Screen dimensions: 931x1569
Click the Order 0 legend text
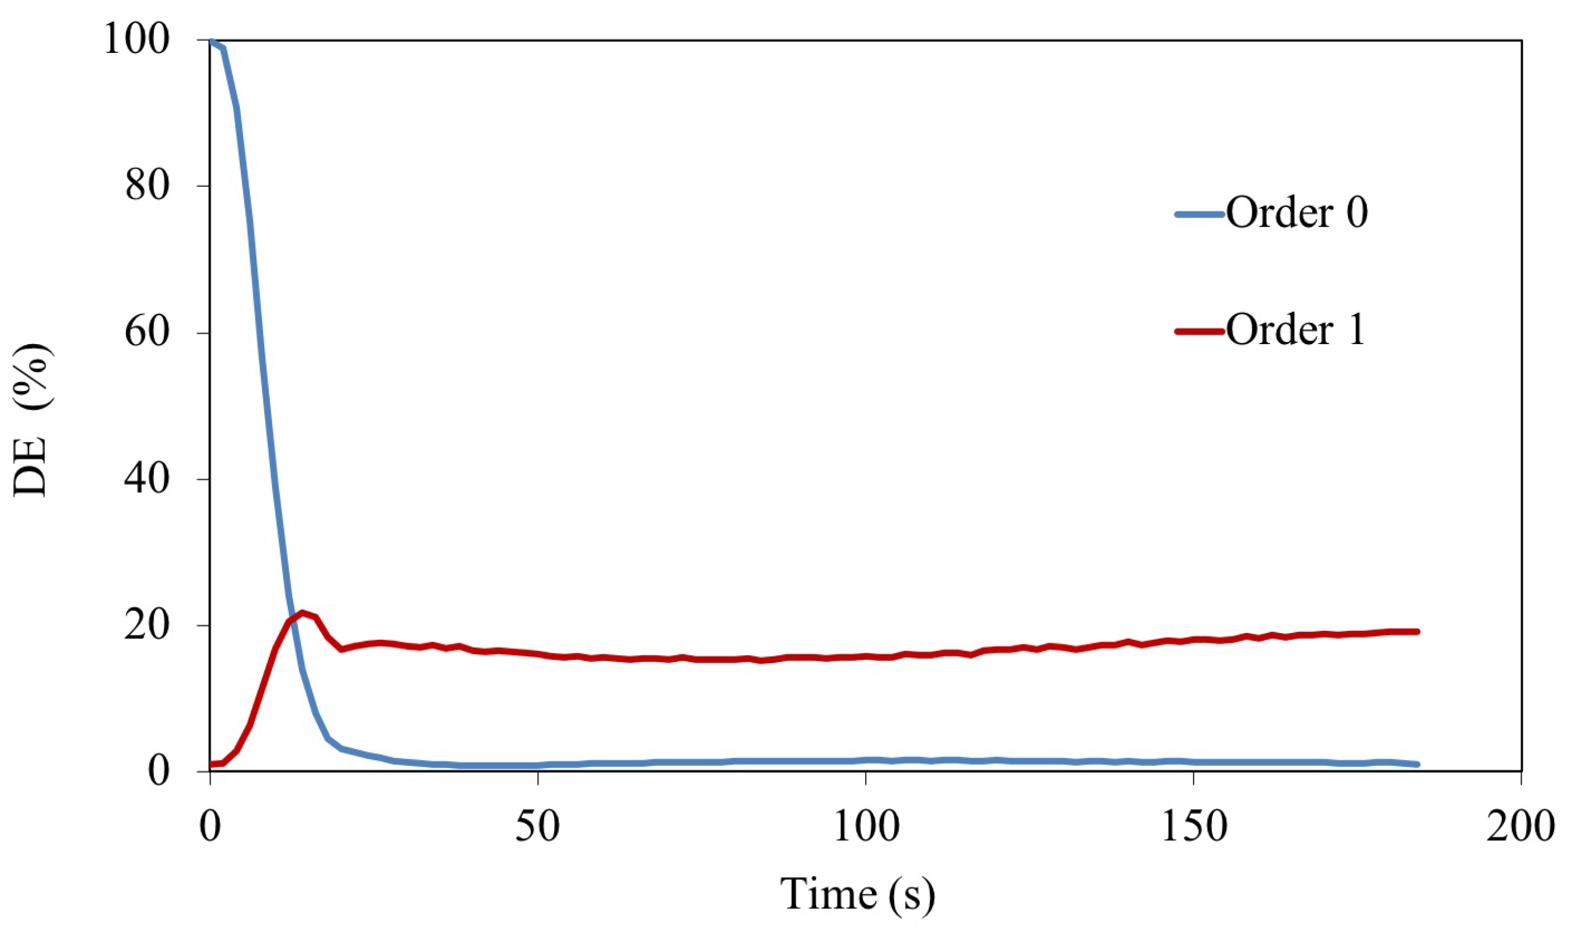[x=1296, y=214]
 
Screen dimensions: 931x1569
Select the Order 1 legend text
[x=1295, y=330]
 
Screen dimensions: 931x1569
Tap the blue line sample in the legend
[x=1199, y=214]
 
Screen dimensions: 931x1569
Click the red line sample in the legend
[x=1199, y=330]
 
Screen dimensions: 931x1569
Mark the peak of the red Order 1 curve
[x=302, y=612]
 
